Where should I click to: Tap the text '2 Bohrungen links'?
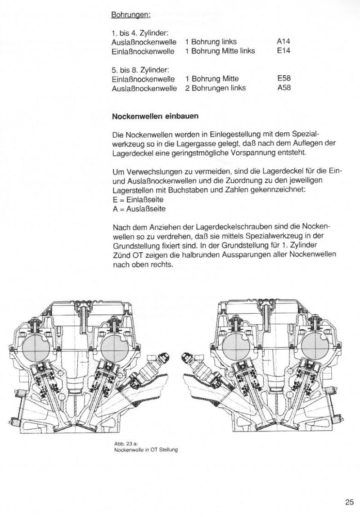coord(215,88)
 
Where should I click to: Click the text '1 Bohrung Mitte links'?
coord(220,51)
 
